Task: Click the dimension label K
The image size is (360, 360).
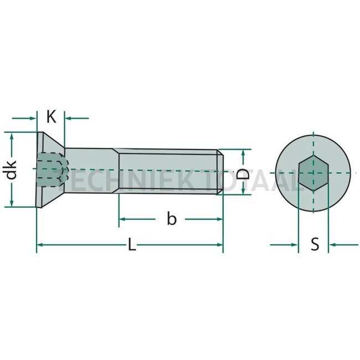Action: coord(51,117)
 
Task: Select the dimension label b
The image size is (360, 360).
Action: coord(172,219)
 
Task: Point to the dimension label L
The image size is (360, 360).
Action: coord(131,245)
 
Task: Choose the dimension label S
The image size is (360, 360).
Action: coord(315,244)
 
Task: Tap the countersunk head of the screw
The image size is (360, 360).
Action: coord(50,169)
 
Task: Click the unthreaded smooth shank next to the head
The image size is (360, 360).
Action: coord(91,171)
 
